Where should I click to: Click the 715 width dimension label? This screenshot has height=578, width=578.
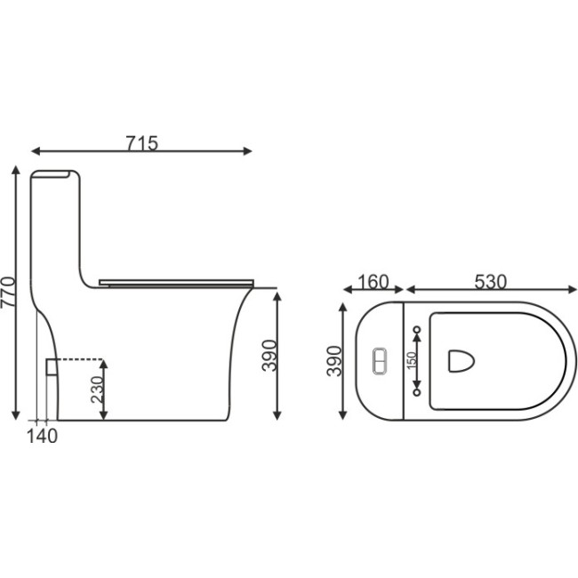coord(142,143)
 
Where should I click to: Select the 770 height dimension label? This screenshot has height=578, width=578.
coord(8,292)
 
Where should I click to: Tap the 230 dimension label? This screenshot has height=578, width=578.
coord(97,389)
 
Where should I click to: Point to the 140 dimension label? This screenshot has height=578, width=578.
coord(43,437)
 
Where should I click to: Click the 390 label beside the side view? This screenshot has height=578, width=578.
coord(269,356)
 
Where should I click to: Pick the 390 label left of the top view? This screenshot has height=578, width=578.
coord(334,361)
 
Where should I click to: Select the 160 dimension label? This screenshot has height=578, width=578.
coord(373,282)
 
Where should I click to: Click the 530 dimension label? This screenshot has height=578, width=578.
coord(490,282)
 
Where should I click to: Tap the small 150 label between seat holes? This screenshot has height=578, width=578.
coord(412,360)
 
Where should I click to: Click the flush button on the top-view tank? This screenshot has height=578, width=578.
coord(380,361)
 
